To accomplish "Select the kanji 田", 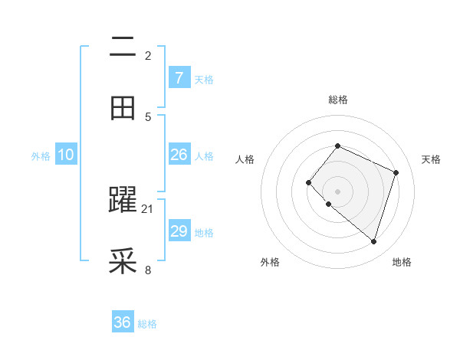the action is [x=123, y=108].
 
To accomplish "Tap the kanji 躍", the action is [x=123, y=200].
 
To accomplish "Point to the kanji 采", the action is [x=123, y=261].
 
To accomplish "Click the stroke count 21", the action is [x=148, y=208].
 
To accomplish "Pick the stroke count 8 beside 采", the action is [x=148, y=270].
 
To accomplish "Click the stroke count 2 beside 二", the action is [x=148, y=55].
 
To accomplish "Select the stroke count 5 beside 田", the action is [x=148, y=116].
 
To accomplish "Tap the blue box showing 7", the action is [x=179, y=77].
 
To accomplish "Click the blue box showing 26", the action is [x=179, y=155].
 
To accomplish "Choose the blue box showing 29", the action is [x=179, y=231].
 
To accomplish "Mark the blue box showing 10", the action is [x=66, y=155].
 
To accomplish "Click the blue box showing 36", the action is [x=123, y=322].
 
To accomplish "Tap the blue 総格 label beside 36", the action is [x=147, y=324].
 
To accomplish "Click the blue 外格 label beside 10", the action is [x=41, y=156].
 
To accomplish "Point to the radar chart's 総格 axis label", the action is [x=337, y=100].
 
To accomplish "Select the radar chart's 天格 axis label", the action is [x=431, y=159].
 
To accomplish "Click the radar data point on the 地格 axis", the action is [x=373, y=241].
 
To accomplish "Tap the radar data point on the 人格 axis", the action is [x=308, y=182].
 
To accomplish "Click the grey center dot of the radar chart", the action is [x=337, y=191].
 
